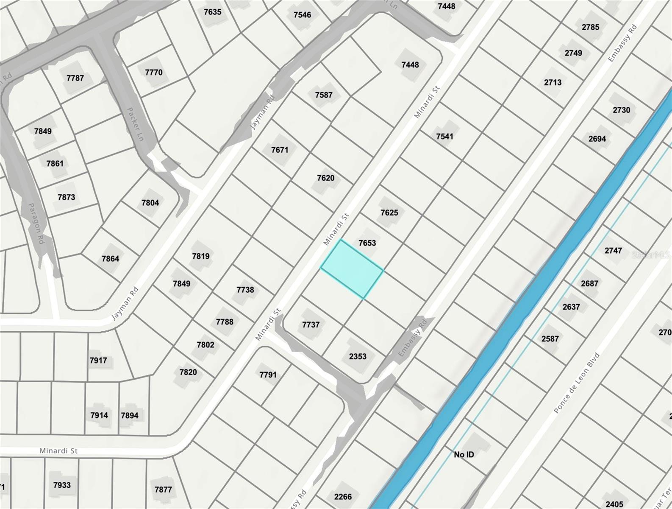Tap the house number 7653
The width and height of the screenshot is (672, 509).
pos(367,243)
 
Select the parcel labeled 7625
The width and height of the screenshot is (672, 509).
pos(389,213)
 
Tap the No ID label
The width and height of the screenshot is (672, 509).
pos(464,454)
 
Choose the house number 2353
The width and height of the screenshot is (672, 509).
pos(357,356)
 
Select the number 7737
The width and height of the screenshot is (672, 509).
pos(311,324)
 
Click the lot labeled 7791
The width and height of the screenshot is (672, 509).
pos(268,375)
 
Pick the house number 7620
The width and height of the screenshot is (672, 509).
pos(325,178)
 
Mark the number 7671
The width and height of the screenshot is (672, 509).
pos(280,150)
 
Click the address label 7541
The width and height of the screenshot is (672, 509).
pos(444,136)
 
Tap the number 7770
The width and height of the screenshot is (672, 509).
pos(153,72)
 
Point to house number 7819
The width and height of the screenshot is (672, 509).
pos(200,256)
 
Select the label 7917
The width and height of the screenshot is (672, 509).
pos(98,360)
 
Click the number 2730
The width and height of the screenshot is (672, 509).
pos(621,110)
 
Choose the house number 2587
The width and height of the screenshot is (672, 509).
pos(550,338)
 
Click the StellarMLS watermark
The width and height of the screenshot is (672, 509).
pos(651,255)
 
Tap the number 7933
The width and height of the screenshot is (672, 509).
pos(62,485)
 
